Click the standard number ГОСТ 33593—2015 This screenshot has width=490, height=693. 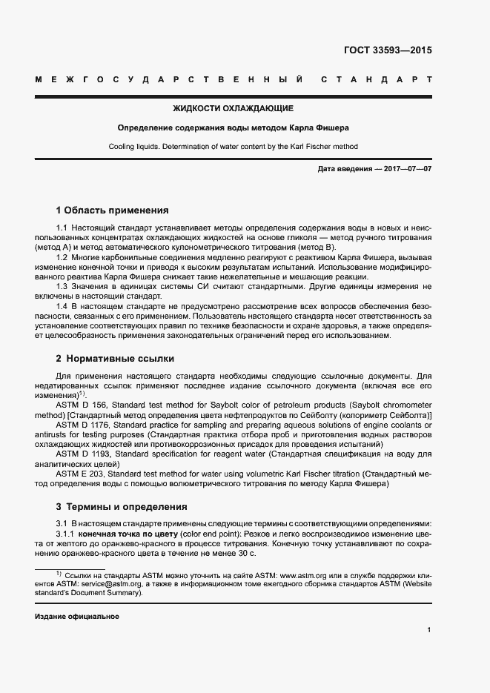click(x=387, y=51)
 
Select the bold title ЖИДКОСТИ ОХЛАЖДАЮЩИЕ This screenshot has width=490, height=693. click(x=233, y=108)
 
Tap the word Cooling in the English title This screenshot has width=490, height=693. click(x=123, y=147)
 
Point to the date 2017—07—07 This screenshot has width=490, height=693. click(x=408, y=170)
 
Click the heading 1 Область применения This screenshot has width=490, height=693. click(x=113, y=210)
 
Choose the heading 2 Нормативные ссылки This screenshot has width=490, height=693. click(x=116, y=358)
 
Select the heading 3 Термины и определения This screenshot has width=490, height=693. click(x=122, y=507)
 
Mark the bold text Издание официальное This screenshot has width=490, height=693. click(x=77, y=617)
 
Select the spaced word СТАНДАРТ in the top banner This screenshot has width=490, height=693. click(x=376, y=79)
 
